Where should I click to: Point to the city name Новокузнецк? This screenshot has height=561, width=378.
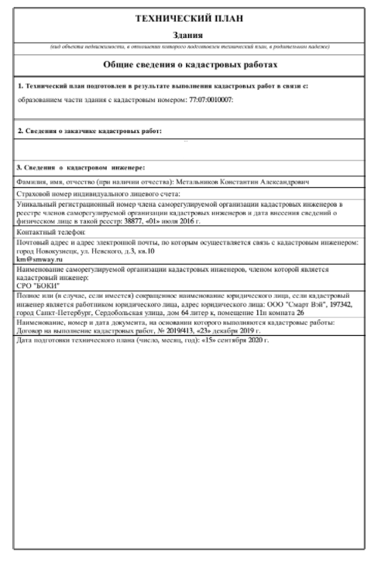pyautogui.click(x=56, y=251)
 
